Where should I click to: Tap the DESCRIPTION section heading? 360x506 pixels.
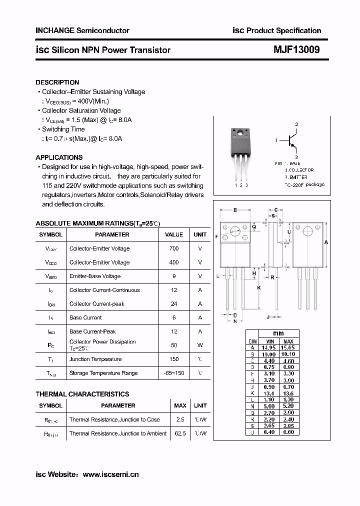(x=57, y=82)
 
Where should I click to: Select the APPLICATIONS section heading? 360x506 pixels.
(x=59, y=157)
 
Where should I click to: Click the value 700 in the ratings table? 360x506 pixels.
(x=174, y=248)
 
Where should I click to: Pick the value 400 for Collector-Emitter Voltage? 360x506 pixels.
(x=174, y=262)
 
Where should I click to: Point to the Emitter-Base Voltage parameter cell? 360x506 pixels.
(x=94, y=276)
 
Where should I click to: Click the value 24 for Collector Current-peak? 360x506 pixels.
(x=174, y=304)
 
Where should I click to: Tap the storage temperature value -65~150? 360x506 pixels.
(x=174, y=373)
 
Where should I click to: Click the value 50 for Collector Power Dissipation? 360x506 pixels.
(x=174, y=345)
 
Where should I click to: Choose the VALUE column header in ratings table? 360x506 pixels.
(x=174, y=234)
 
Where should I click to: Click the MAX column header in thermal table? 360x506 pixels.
(x=180, y=405)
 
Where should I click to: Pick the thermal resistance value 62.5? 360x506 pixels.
(x=180, y=433)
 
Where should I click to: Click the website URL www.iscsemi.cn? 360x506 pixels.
(x=110, y=474)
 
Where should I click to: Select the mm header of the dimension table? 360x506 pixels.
(x=278, y=333)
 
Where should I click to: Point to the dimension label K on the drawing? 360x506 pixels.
(x=259, y=288)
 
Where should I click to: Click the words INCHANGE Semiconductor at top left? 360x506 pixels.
(x=82, y=30)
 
